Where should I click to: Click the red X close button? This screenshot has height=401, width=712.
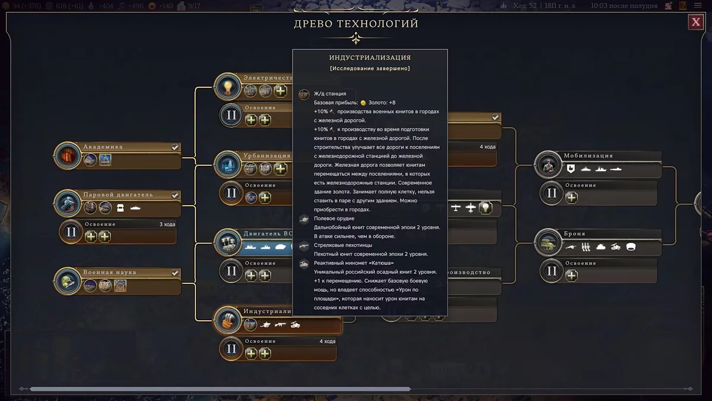(695, 23)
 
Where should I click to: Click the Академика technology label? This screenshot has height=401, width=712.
(103, 147)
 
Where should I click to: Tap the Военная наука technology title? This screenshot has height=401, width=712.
(110, 272)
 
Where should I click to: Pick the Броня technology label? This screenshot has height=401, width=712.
(575, 233)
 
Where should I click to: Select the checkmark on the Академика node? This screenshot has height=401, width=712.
(175, 147)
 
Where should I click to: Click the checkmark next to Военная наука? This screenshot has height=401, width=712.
(175, 273)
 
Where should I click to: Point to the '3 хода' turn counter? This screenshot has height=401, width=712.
(168, 224)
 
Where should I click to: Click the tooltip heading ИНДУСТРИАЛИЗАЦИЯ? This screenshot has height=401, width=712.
(370, 58)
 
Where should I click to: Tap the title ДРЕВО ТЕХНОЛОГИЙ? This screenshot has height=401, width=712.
(356, 24)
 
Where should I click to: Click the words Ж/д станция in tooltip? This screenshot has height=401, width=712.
(330, 94)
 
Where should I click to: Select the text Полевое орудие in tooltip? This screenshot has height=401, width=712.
(334, 219)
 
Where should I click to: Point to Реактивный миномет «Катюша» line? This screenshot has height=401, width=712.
(353, 263)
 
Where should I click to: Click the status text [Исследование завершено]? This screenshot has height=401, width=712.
(370, 68)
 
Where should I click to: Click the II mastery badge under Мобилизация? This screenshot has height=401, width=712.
(552, 192)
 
